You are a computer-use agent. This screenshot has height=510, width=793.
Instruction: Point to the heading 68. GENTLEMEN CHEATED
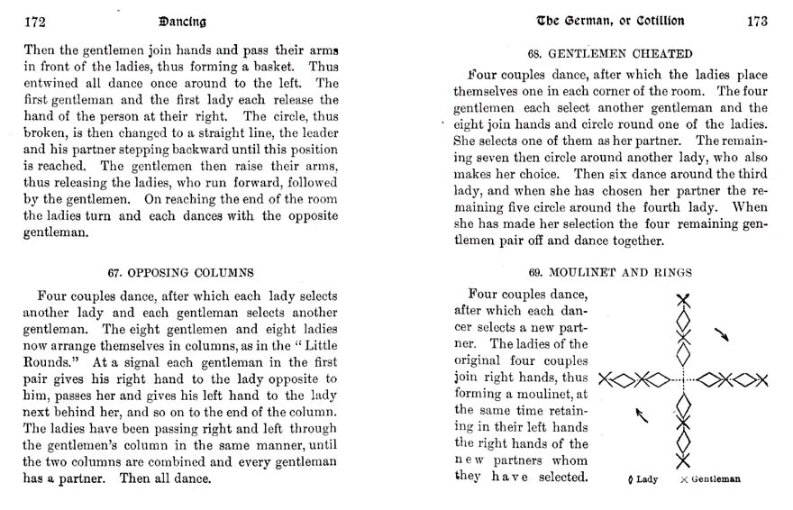pyautogui.click(x=610, y=52)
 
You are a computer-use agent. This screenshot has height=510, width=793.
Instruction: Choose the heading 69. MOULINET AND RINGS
pyautogui.click(x=610, y=271)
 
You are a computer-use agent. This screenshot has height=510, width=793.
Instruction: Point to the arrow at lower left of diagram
pyautogui.click(x=643, y=414)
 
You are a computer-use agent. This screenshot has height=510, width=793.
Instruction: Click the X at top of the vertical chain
pyautogui.click(x=685, y=301)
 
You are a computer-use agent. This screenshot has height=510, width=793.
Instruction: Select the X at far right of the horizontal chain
pyautogui.click(x=760, y=378)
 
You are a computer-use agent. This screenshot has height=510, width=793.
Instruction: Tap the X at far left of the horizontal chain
pyautogui.click(x=606, y=378)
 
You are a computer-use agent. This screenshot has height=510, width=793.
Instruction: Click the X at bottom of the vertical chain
pyautogui.click(x=685, y=460)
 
